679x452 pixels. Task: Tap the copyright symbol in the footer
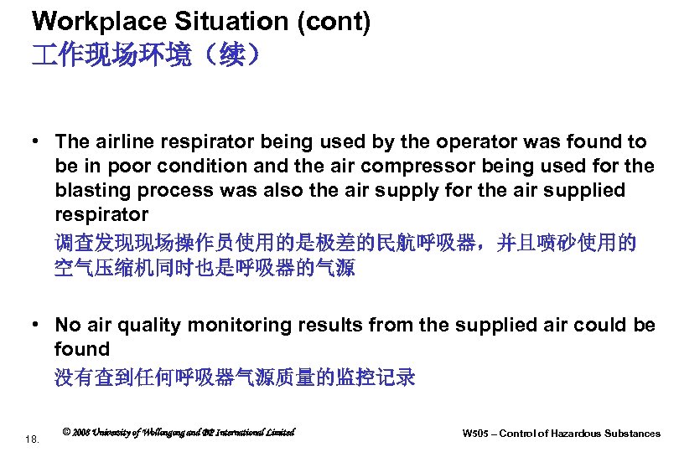pos(67,432)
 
